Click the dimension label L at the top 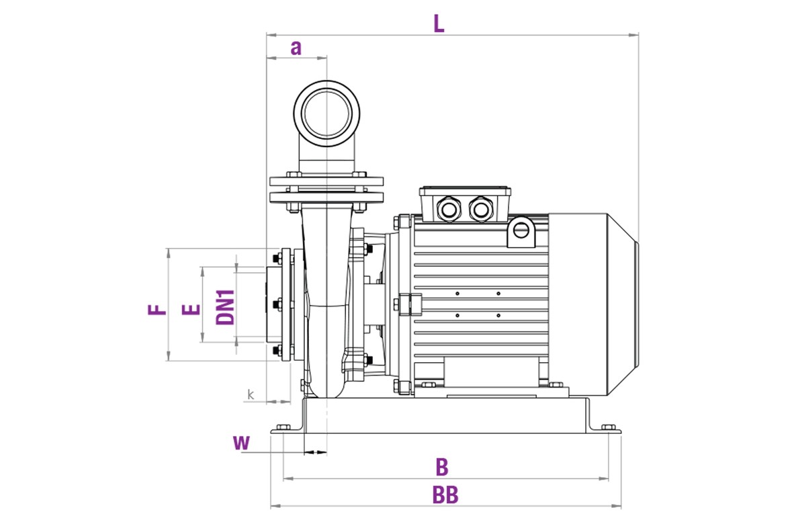(x=439, y=24)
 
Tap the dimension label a (x=296, y=48)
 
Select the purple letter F (x=157, y=310)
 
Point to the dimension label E (x=192, y=310)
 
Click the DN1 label (x=226, y=308)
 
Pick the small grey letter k (x=251, y=394)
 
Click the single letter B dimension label (x=441, y=467)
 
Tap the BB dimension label (x=445, y=496)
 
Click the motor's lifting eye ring (x=520, y=230)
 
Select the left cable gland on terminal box (x=447, y=208)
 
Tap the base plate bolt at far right (x=608, y=427)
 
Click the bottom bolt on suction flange (x=276, y=349)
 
